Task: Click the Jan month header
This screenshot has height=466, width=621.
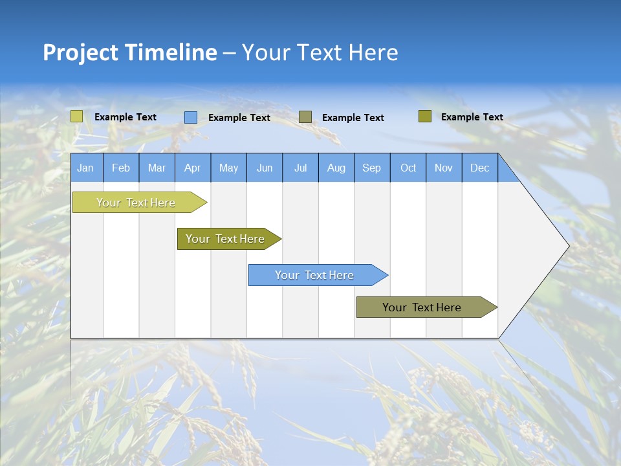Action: (x=86, y=168)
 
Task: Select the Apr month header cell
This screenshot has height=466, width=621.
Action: (x=193, y=168)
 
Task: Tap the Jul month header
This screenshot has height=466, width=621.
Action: (x=300, y=168)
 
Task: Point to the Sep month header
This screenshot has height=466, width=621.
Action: (x=372, y=168)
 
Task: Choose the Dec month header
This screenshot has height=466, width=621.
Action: (x=479, y=168)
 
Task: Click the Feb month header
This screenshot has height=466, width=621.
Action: (x=121, y=168)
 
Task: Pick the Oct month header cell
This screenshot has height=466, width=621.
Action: (x=408, y=168)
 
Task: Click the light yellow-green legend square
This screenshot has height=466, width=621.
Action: (x=77, y=116)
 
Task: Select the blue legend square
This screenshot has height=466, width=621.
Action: (x=191, y=117)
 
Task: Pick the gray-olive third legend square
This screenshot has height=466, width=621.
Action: (x=305, y=116)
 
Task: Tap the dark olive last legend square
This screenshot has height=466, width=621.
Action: (x=425, y=116)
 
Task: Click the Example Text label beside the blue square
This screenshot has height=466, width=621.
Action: (x=239, y=118)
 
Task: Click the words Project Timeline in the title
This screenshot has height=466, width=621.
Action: (x=129, y=52)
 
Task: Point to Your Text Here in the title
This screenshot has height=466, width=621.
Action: (x=320, y=52)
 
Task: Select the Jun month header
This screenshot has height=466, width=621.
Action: (x=265, y=168)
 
